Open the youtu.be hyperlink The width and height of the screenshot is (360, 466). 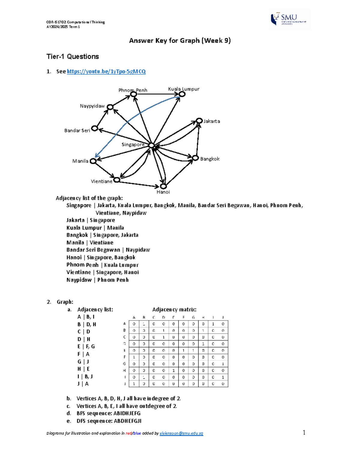(x=106, y=71)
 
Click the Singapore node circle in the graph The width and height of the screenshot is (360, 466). (x=151, y=146)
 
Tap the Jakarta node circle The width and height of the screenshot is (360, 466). (x=199, y=121)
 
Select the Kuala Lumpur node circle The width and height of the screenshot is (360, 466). (x=182, y=94)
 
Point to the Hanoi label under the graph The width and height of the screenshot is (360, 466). (x=163, y=192)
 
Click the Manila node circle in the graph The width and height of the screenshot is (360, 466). (x=93, y=161)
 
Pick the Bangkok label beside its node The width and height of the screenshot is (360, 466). (x=210, y=159)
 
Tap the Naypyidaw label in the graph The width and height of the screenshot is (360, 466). (x=92, y=106)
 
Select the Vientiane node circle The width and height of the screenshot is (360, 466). (x=117, y=180)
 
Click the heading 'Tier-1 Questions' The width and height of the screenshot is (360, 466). (x=73, y=57)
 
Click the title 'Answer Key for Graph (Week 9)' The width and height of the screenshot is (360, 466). (x=180, y=41)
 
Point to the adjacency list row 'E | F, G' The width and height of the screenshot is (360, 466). (x=86, y=347)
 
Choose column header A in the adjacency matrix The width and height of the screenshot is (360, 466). (x=134, y=317)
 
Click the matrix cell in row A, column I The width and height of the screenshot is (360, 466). (x=213, y=324)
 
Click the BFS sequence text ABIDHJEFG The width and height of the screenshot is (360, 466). (x=127, y=413)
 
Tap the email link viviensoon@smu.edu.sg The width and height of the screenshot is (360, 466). (x=181, y=433)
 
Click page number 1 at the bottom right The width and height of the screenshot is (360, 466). (x=304, y=432)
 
